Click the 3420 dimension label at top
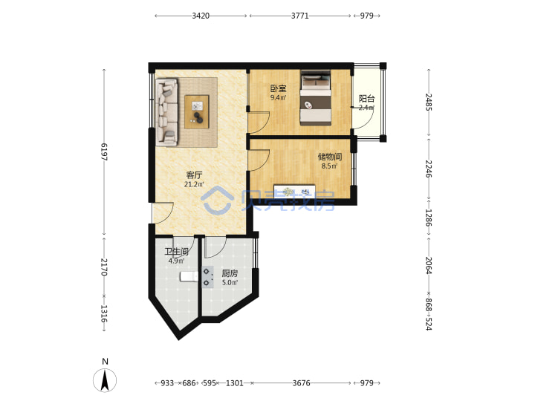[x=201, y=16]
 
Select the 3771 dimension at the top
[x=300, y=16]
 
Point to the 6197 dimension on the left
[x=104, y=151]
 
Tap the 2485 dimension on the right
[x=429, y=102]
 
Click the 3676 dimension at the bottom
[x=301, y=383]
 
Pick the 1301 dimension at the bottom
[x=235, y=383]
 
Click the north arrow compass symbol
[x=105, y=379]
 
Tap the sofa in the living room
[x=167, y=113]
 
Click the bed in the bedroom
[x=316, y=98]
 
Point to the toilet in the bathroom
[x=189, y=276]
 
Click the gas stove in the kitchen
[x=208, y=277]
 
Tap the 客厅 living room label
[x=194, y=175]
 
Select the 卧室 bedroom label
[x=279, y=88]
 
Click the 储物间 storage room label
[x=330, y=157]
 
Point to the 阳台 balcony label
[x=367, y=99]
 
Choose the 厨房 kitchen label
[x=230, y=273]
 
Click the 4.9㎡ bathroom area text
[x=176, y=261]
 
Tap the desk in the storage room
[x=294, y=191]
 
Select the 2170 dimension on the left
[x=104, y=267]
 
